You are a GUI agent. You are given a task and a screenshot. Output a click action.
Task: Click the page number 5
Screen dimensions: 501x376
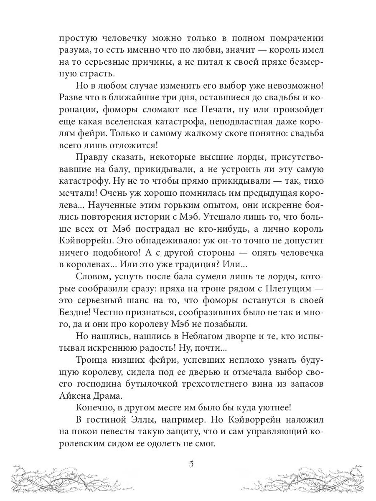(x=191, y=465)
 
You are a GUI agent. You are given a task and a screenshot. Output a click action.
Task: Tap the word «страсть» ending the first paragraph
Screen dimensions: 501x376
(x=79, y=74)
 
